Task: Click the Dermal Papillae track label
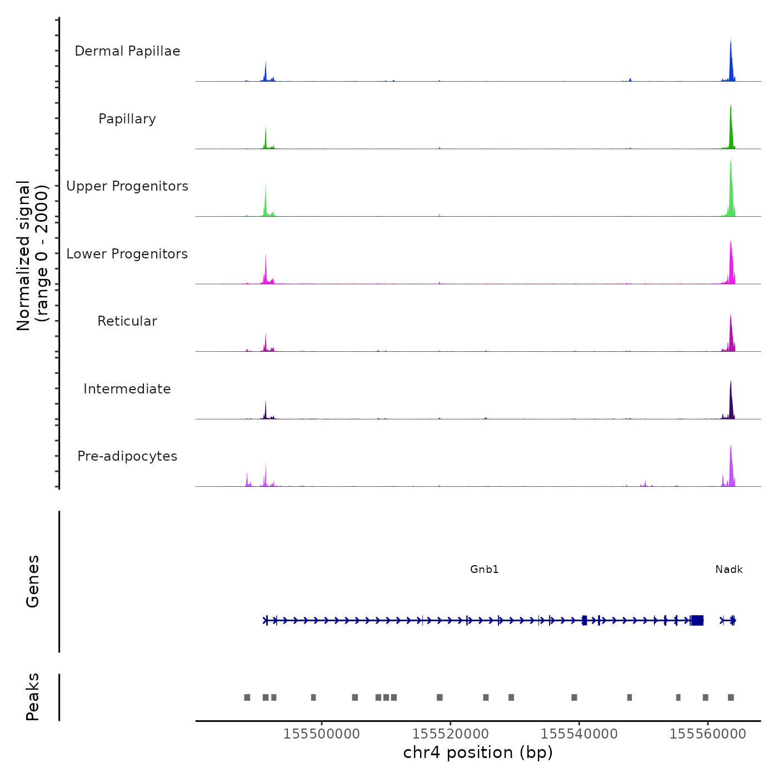[127, 51]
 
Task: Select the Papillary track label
[127, 119]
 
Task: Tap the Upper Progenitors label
[127, 186]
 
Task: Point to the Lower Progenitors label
[127, 254]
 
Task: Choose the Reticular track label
[127, 321]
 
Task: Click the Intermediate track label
[127, 389]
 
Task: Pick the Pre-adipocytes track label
[127, 456]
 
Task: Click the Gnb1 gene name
[484, 570]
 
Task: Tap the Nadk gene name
[729, 570]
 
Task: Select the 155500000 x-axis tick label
[321, 734]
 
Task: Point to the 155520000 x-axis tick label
[450, 734]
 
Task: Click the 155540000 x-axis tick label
[579, 734]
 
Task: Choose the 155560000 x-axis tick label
[707, 734]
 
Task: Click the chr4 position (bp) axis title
[478, 752]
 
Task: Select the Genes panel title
[33, 581]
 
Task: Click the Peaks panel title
[33, 697]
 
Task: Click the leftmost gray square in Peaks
[247, 697]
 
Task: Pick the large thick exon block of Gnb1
[697, 620]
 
